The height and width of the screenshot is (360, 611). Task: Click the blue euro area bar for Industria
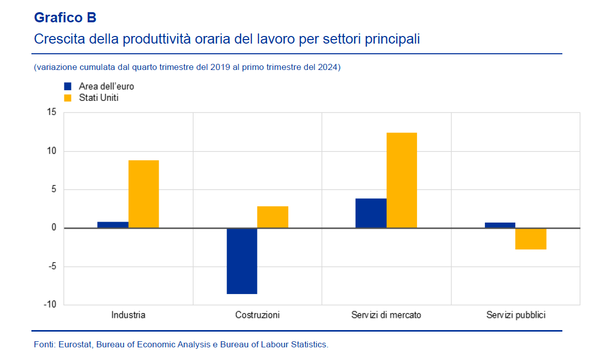112,225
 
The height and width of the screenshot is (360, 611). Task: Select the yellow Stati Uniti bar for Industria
143,194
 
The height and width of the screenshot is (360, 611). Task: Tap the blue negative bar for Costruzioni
242,261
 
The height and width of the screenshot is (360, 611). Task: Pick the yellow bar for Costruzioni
273,217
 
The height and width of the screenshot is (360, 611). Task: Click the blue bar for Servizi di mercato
371,213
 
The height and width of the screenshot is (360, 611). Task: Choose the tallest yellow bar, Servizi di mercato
402,181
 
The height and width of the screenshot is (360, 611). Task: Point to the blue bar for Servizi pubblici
500,225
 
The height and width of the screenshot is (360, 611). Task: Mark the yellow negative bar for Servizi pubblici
531,239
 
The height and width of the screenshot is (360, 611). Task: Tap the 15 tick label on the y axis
51,113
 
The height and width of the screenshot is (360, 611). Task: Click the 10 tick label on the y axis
51,151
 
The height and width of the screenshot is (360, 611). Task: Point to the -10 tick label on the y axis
50,305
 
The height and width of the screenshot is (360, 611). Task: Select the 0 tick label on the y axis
53,228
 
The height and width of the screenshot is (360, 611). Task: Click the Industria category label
128,315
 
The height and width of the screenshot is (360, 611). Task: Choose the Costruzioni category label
257,315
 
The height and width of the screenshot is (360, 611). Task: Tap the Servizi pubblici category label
516,315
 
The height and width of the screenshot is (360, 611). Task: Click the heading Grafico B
65,18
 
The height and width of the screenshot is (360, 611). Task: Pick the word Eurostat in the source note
75,345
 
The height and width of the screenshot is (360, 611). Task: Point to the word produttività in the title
161,39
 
